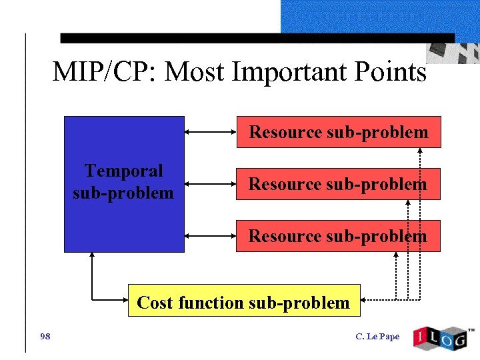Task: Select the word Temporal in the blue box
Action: pos(123,171)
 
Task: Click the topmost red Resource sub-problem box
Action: pos(338,132)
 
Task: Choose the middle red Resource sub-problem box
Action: pos(338,184)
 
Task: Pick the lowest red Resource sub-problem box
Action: pos(338,236)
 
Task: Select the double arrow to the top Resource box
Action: pos(210,132)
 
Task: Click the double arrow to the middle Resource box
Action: pos(210,183)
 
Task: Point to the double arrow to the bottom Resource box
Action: pos(210,235)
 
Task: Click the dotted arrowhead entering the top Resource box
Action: pos(420,151)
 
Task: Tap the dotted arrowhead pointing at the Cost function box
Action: pos(365,301)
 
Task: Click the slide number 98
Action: pos(45,336)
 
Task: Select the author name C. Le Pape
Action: pos(377,337)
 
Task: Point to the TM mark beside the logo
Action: pos(471,330)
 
